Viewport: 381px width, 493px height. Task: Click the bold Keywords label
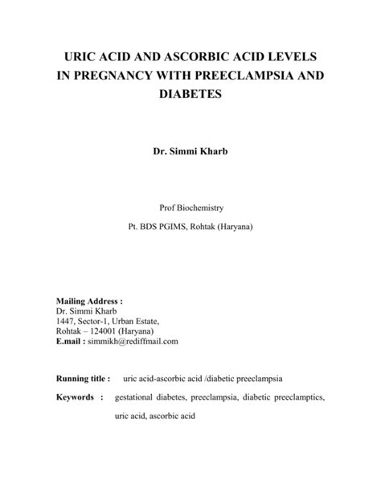(x=78, y=397)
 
